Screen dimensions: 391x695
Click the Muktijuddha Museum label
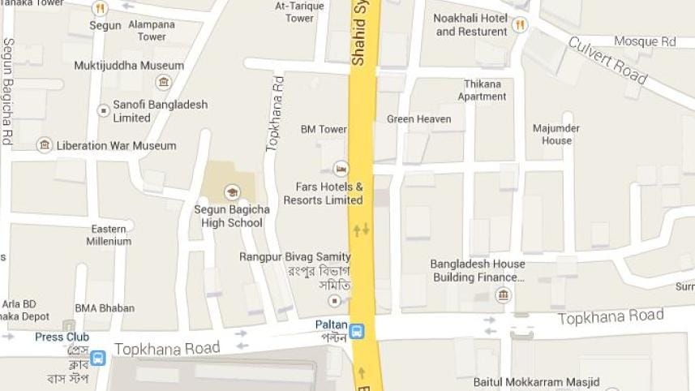(129, 66)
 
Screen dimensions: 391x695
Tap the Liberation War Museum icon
(45, 145)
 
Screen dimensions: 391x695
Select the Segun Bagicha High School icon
(233, 192)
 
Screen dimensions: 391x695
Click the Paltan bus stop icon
(357, 330)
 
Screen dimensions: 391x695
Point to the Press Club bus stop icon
(97, 357)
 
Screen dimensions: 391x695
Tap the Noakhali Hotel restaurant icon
(519, 25)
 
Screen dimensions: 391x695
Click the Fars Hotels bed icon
(341, 169)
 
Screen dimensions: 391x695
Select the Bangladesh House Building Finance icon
(504, 294)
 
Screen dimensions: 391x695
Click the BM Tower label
(324, 129)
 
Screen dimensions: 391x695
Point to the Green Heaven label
(418, 119)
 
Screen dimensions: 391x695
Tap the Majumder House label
(556, 135)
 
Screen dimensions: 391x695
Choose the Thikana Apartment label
(482, 90)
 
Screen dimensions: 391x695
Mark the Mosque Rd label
(645, 41)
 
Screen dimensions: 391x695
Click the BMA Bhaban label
(105, 308)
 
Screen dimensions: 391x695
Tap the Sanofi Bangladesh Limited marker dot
(103, 110)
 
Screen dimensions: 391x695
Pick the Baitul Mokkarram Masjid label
(537, 381)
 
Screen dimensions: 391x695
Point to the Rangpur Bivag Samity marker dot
(333, 301)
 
